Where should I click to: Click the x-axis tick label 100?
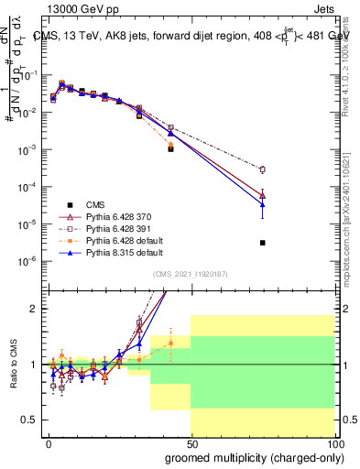click(x=333, y=442)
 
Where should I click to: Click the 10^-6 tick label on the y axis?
click(x=27, y=261)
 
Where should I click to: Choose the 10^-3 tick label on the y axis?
click(x=27, y=149)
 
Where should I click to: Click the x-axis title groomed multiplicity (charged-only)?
click(x=250, y=457)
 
